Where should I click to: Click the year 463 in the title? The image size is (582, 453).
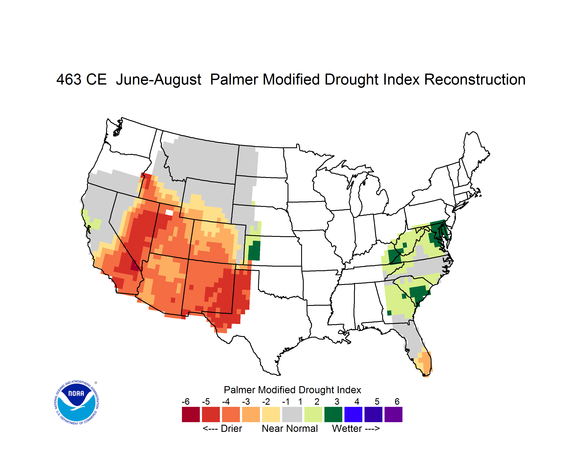pos(69,79)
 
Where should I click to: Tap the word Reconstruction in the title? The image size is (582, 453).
pos(475,79)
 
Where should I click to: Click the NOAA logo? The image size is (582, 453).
pos(77,402)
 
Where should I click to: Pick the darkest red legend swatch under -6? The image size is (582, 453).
pos(191,414)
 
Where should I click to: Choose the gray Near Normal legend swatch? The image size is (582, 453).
pos(292,414)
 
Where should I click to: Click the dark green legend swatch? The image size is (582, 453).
pos(333,414)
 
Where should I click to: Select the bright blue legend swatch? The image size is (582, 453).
pos(353,414)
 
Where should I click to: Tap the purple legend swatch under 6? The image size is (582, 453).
pos(393,414)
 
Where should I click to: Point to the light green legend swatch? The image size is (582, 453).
pos(313,414)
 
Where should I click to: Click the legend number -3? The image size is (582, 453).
pos(246,401)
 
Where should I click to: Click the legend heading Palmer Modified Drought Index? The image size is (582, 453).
pos(292,390)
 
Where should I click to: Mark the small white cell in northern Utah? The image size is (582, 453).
pos(169,212)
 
